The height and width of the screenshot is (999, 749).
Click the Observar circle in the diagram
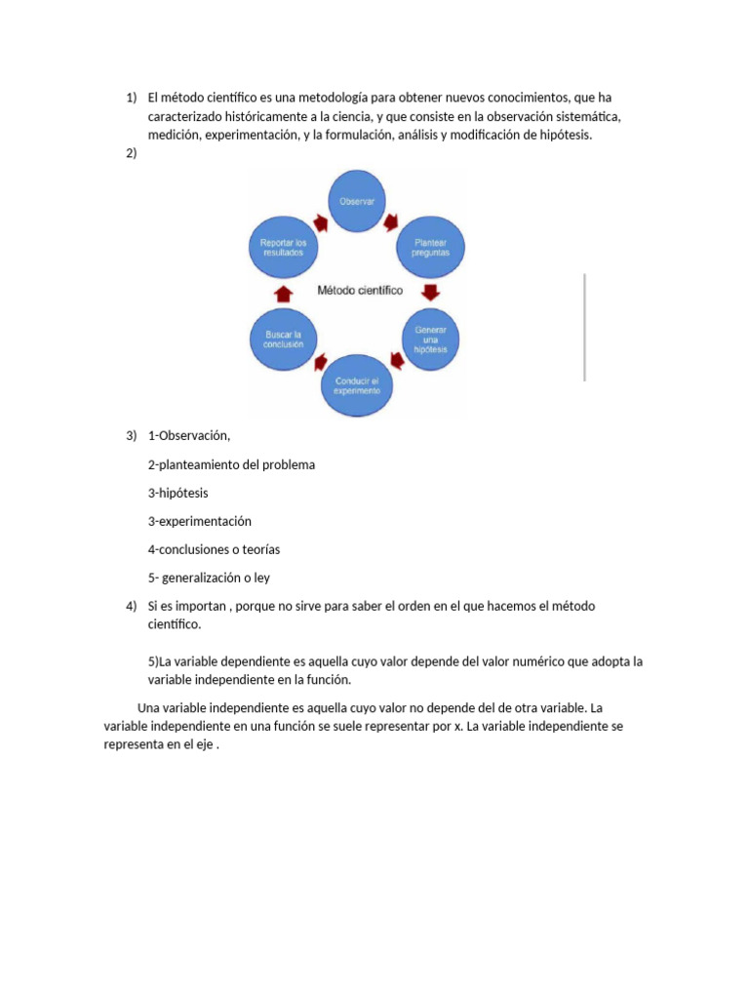tap(356, 202)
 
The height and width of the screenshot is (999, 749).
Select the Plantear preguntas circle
tap(430, 246)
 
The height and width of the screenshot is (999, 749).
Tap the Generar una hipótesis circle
tap(430, 339)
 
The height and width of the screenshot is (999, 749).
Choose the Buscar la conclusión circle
tap(283, 339)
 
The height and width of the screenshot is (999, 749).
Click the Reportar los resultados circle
tap(283, 246)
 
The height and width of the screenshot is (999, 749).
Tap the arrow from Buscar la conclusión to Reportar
tap(283, 293)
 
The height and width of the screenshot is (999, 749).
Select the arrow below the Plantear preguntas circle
tap(431, 292)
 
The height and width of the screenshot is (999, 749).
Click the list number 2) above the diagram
tap(132, 153)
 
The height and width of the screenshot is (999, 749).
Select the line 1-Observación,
tap(189, 435)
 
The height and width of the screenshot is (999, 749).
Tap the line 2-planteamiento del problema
tap(231, 464)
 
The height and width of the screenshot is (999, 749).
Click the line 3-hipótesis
tap(177, 493)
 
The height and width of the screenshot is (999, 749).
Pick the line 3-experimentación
tap(199, 521)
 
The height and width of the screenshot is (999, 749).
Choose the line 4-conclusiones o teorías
tap(214, 549)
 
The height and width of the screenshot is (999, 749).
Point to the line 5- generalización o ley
tap(209, 578)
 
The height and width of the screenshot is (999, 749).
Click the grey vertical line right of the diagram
tap(584, 327)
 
